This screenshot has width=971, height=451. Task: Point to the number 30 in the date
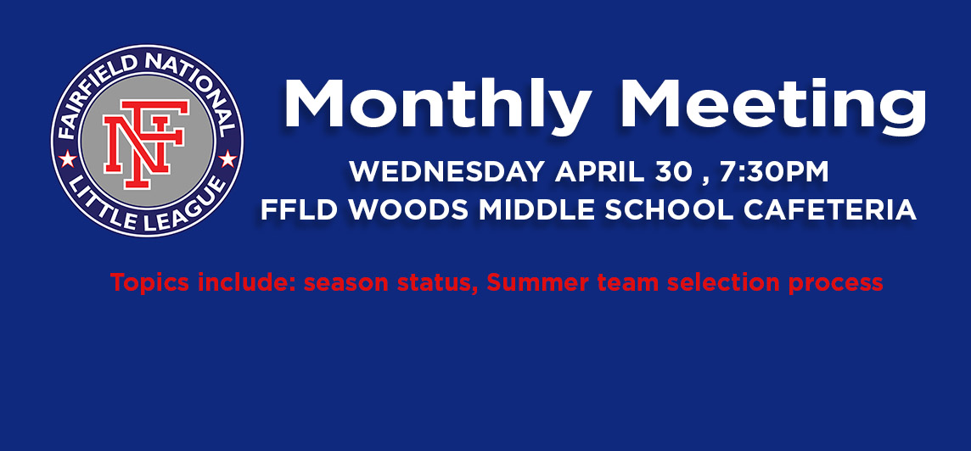click(x=672, y=172)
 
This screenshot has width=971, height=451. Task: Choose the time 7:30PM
click(x=774, y=172)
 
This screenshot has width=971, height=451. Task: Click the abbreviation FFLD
click(x=300, y=210)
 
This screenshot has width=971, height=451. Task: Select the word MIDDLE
click(x=537, y=210)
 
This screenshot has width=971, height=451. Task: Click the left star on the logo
click(x=67, y=159)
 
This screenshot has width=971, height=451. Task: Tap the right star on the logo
click(x=227, y=159)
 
